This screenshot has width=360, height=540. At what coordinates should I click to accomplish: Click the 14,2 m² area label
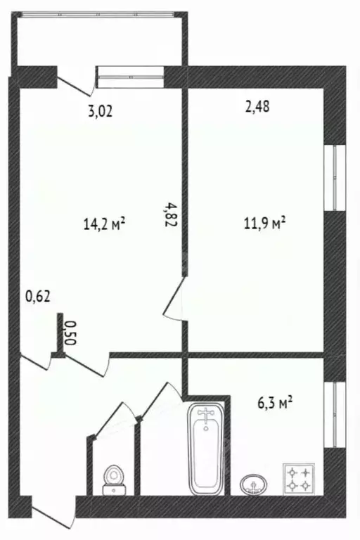click(x=104, y=224)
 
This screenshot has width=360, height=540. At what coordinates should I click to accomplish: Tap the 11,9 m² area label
click(x=263, y=224)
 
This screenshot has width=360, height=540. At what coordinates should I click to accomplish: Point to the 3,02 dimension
click(x=101, y=110)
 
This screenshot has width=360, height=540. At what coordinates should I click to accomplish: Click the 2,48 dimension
click(x=257, y=107)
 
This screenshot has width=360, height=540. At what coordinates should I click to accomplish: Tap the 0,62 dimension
click(x=38, y=297)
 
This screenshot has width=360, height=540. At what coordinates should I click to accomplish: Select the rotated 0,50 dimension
click(x=70, y=332)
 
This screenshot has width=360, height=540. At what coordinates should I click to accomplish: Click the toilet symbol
click(x=112, y=480)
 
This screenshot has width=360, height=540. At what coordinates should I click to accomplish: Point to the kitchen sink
click(x=254, y=484)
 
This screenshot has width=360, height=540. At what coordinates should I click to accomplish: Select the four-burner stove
click(x=297, y=478)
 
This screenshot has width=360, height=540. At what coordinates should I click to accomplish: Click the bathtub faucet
click(x=205, y=418)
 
